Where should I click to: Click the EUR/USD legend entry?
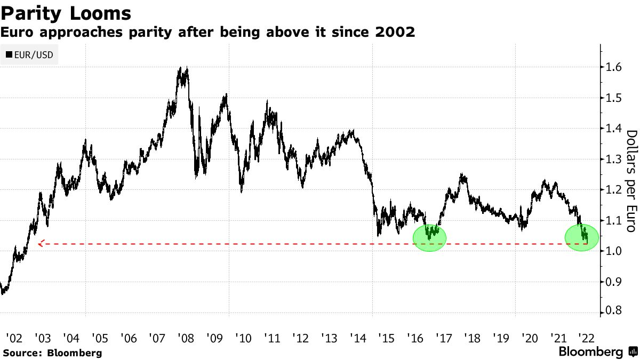pos(30,55)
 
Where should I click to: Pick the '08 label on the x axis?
pos(186,338)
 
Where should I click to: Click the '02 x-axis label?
pos(14,338)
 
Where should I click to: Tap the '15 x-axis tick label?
pos(386,338)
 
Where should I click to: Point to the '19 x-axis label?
pos(500,338)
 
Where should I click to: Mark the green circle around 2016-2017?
pos(429,237)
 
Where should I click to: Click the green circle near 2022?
pos(582,237)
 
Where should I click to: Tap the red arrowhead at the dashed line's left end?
pos(41,244)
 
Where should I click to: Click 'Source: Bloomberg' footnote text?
pos(52,353)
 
